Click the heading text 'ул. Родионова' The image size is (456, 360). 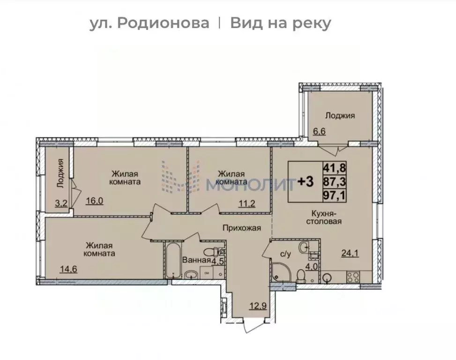tap(150, 23)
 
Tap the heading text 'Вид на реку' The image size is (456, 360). tap(280, 23)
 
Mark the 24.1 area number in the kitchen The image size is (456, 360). tap(349, 254)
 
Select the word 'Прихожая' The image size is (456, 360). tap(241, 228)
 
